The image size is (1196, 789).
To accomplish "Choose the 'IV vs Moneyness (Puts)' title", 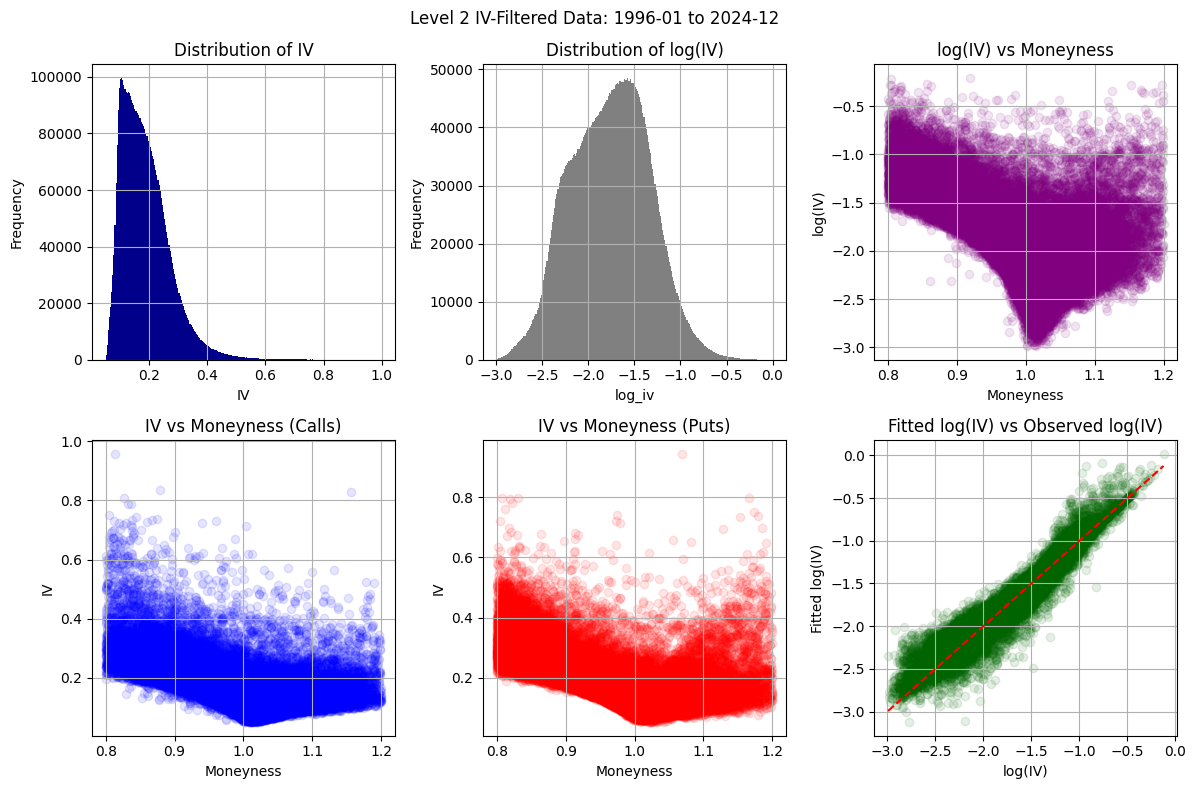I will click(634, 425).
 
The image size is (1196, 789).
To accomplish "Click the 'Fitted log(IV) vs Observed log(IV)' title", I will click(1026, 425).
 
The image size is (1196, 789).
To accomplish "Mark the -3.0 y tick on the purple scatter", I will click(857, 347).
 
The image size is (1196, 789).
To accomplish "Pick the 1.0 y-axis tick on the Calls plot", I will click(74, 442).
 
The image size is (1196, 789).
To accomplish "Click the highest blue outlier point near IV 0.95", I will click(115, 454).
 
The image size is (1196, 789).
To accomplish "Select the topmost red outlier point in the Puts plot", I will click(682, 454).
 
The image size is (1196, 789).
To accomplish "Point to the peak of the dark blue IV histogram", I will click(121, 80).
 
